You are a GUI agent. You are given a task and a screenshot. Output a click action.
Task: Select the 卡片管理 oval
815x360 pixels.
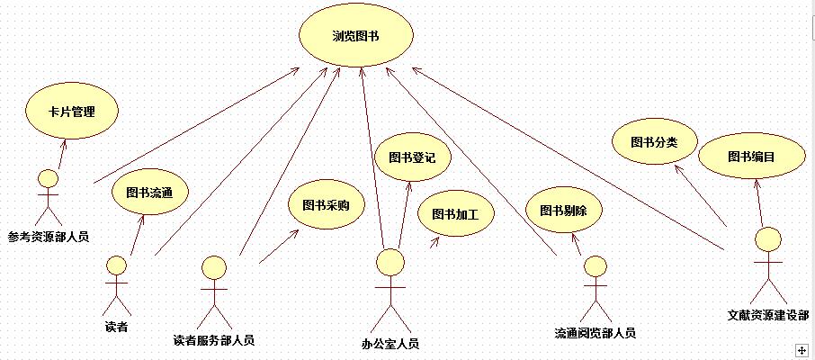72,112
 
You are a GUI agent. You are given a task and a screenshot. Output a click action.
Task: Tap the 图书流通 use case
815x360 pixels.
143,191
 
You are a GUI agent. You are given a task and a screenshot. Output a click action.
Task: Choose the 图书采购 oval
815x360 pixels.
326,205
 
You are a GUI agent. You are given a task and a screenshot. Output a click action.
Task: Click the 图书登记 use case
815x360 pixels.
412,157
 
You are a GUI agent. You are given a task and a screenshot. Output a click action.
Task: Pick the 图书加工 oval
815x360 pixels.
455,215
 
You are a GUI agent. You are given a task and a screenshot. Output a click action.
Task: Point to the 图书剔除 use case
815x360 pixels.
564,211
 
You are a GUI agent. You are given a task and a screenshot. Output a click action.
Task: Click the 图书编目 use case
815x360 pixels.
751,157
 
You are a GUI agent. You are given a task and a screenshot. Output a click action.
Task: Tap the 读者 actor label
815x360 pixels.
116,325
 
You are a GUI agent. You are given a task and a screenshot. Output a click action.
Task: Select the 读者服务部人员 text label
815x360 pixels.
213,340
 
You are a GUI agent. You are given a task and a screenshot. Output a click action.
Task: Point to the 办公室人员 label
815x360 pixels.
390,343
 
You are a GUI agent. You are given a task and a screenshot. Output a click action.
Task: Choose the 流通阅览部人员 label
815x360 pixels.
595,333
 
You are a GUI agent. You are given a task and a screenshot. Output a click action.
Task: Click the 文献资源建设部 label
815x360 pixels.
767,315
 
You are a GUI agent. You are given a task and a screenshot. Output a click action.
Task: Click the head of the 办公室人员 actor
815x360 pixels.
390,262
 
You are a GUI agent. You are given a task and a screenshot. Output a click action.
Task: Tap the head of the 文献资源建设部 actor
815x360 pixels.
767,240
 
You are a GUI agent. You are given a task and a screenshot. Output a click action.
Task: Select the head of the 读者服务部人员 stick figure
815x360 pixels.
214,267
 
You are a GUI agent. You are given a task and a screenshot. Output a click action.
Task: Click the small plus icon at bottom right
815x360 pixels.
800,348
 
